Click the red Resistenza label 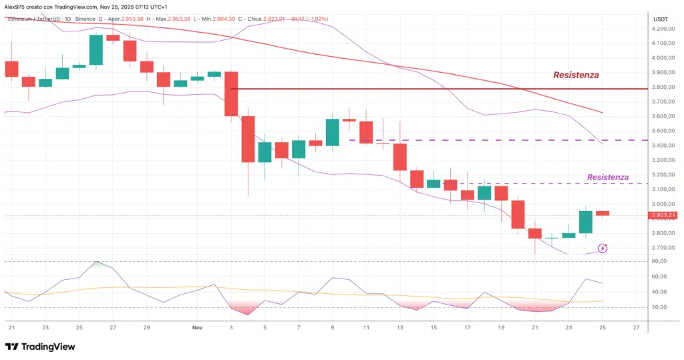(576, 75)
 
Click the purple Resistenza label (607, 177)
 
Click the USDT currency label (660, 19)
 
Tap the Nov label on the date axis (196, 328)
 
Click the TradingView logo (40, 347)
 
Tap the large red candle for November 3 (231, 94)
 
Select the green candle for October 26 (96, 50)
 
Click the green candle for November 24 (586, 222)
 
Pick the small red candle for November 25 (603, 213)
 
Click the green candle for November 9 (332, 132)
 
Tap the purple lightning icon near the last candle (603, 248)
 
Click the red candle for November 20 (518, 214)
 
